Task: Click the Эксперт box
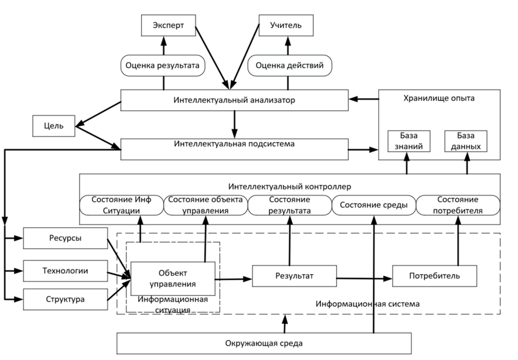pyautogui.click(x=168, y=25)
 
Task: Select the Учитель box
pyautogui.click(x=286, y=25)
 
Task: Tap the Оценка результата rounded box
pyautogui.click(x=163, y=65)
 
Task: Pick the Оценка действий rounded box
pyautogui.click(x=290, y=65)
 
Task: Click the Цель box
pyautogui.click(x=54, y=126)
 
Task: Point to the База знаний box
pyautogui.click(x=409, y=141)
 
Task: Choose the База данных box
pyautogui.click(x=466, y=141)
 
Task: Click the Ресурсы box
pyautogui.click(x=65, y=238)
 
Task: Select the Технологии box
pyautogui.click(x=65, y=271)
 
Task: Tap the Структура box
pyautogui.click(x=65, y=299)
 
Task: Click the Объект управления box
pyautogui.click(x=173, y=279)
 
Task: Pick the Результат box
pyautogui.click(x=295, y=276)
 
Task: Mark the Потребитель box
pyautogui.click(x=435, y=276)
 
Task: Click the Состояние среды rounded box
pyautogui.click(x=374, y=205)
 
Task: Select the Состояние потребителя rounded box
pyautogui.click(x=458, y=205)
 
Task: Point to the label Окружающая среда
pyautogui.click(x=264, y=343)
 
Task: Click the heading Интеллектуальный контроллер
pyautogui.click(x=290, y=187)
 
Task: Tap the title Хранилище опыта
pyautogui.click(x=439, y=98)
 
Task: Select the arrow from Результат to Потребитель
pyautogui.click(x=364, y=279)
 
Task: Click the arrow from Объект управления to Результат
pyautogui.click(x=234, y=279)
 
